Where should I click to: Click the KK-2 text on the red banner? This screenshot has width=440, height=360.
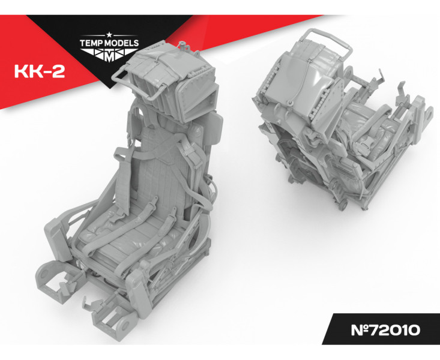tap(40, 72)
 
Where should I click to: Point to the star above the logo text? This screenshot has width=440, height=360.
tap(109, 35)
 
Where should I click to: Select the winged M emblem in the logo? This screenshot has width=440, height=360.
tap(109, 55)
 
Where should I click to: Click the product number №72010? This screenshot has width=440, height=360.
tap(385, 330)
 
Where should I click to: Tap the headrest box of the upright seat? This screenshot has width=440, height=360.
tap(174, 82)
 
